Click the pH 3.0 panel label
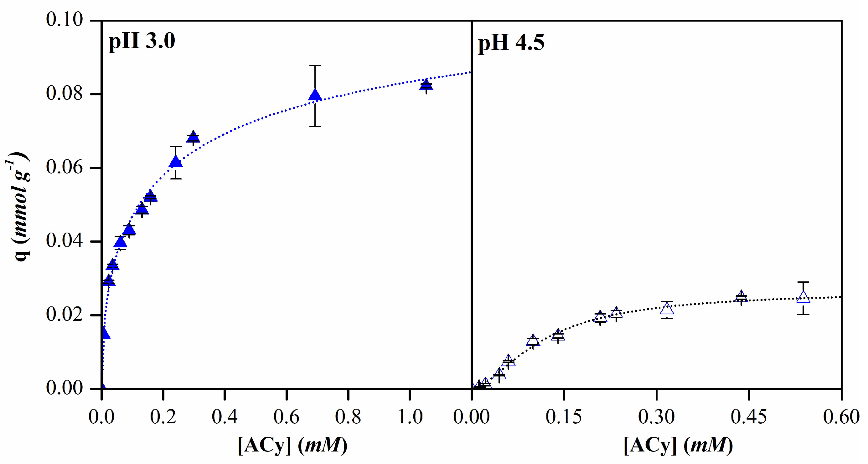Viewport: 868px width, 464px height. click(x=142, y=42)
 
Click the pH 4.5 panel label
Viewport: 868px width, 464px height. click(x=511, y=43)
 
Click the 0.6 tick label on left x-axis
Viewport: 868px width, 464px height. click(x=286, y=417)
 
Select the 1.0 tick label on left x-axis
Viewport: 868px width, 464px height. click(x=410, y=417)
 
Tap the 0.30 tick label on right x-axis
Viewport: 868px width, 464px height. click(x=656, y=417)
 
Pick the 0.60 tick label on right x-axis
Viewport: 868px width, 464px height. click(x=841, y=417)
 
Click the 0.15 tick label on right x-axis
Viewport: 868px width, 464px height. click(x=564, y=417)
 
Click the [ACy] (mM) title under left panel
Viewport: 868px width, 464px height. click(x=292, y=446)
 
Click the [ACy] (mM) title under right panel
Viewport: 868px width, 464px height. click(x=678, y=446)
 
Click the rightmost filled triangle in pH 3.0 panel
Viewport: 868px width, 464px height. click(x=426, y=85)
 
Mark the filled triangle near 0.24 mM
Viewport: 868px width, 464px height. click(x=176, y=162)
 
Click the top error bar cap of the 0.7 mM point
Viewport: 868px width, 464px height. click(x=315, y=65)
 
